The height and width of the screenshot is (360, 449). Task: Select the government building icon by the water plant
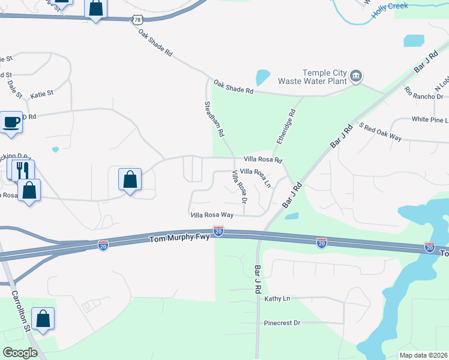[356, 76]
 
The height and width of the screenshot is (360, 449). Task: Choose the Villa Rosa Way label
[211, 214]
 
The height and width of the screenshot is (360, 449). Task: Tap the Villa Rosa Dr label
[240, 186]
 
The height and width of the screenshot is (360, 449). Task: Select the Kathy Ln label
[277, 298]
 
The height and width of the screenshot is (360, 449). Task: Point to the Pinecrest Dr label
[282, 323]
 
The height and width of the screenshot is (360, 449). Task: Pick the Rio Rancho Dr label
[424, 93]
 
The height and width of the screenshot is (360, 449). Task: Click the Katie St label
[42, 94]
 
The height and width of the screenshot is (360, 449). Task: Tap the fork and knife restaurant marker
[23, 170]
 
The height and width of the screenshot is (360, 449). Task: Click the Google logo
[20, 353]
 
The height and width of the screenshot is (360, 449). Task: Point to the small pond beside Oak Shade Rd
[263, 77]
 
